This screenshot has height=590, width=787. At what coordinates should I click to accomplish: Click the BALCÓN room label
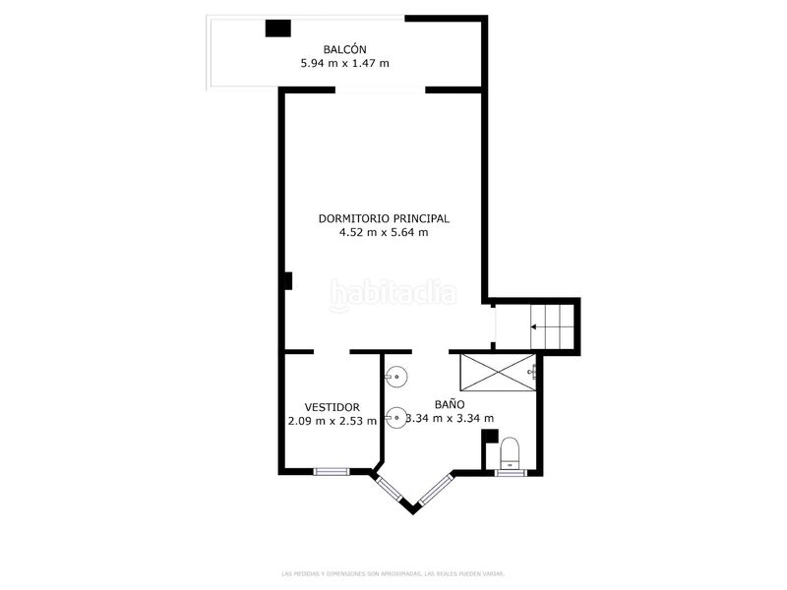click(x=344, y=49)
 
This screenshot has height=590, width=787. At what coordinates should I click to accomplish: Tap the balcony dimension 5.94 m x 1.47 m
click(x=344, y=64)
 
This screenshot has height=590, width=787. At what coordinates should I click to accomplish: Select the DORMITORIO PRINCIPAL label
click(x=384, y=218)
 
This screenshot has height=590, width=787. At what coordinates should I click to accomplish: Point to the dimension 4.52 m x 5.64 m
click(x=384, y=233)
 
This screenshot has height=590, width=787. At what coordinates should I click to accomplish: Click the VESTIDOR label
click(x=332, y=407)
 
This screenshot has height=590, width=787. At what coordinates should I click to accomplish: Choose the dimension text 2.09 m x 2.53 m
click(x=332, y=421)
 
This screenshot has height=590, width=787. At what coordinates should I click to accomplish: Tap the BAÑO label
click(x=451, y=404)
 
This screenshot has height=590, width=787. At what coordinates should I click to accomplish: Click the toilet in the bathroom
click(x=510, y=453)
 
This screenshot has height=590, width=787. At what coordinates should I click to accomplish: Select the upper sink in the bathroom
click(x=395, y=376)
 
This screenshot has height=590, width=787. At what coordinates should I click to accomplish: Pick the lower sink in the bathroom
click(x=395, y=417)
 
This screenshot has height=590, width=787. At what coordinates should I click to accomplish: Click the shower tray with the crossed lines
click(x=497, y=371)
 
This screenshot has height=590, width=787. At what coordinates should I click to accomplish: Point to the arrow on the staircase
click(x=537, y=326)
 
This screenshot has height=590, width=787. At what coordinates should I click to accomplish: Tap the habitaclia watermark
click(x=393, y=292)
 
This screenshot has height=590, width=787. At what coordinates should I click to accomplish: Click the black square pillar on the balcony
click(x=277, y=29)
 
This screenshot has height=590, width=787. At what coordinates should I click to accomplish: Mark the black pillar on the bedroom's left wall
click(x=287, y=281)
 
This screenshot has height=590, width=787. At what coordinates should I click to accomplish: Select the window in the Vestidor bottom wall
click(x=332, y=471)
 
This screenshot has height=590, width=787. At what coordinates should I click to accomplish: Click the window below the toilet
click(x=510, y=473)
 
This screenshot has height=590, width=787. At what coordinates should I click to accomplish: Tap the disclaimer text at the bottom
click(x=393, y=572)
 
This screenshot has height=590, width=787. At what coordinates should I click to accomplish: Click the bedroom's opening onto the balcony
click(x=381, y=90)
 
